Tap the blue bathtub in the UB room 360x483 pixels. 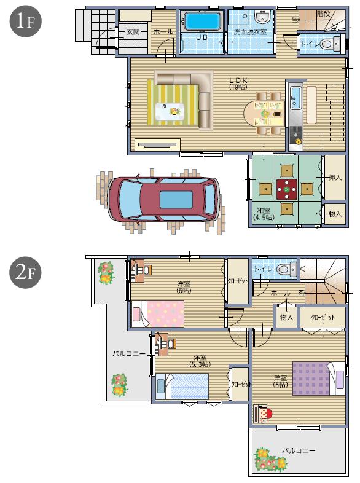(x=202, y=22)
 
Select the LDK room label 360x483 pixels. (x=238, y=83)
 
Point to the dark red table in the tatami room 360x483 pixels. (x=286, y=189)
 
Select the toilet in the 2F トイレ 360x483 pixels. (x=284, y=269)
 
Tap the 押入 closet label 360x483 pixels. (x=335, y=178)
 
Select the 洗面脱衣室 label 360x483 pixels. (x=250, y=32)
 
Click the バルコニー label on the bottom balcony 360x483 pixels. (x=299, y=450)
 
